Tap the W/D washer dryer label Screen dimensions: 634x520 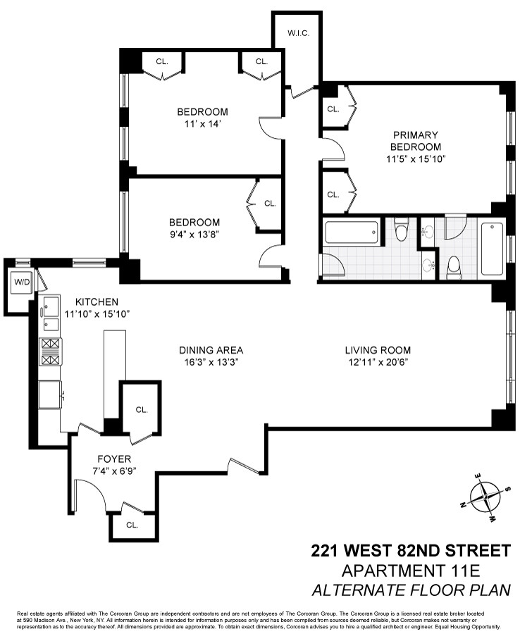tap(23, 282)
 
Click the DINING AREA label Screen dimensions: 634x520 tap(211, 350)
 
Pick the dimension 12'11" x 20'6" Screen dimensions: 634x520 tap(377, 361)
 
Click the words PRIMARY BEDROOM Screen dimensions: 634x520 tap(416, 141)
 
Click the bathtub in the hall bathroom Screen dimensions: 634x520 tap(352, 232)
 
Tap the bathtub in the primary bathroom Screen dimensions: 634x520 tap(492, 248)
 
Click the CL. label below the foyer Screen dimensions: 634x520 tap(132, 525)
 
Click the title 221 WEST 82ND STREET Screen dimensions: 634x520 tap(410, 549)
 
